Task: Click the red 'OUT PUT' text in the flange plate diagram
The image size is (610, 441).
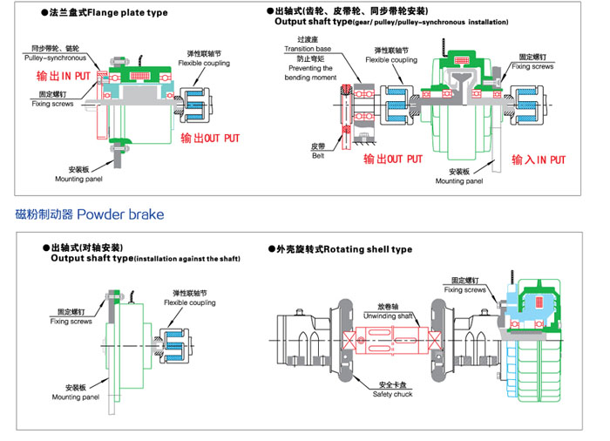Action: pos(210,139)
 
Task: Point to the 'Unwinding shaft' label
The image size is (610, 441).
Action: pos(390,315)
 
